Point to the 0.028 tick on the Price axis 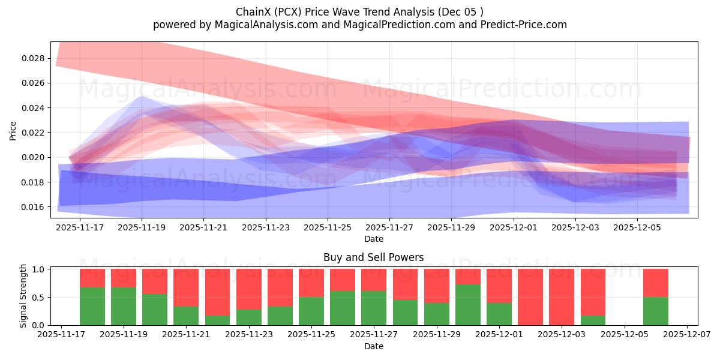(32, 58)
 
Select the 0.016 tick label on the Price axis (32, 207)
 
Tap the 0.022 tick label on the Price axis (32, 133)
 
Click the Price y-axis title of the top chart (13, 130)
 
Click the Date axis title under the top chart (373, 239)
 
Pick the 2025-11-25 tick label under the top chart (328, 228)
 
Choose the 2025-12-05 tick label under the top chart (637, 228)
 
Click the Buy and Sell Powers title (373, 257)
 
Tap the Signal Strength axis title (23, 296)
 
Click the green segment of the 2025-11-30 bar (468, 305)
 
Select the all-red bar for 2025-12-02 (530, 297)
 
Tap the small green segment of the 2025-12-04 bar (593, 320)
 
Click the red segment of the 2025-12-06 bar (655, 283)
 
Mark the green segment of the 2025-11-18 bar (92, 306)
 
